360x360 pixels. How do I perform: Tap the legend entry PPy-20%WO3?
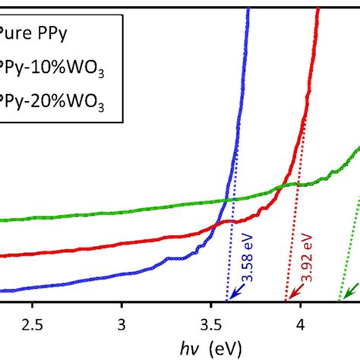pyautogui.click(x=58, y=99)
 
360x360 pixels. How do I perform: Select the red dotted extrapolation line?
pyautogui.click(x=295, y=251)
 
